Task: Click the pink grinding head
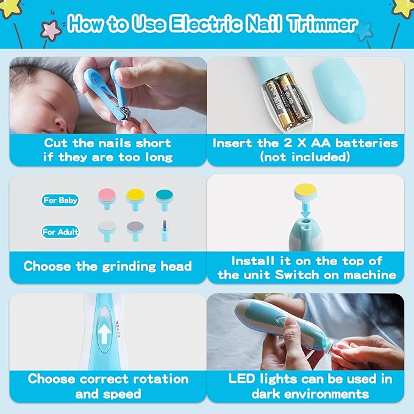pos(107,196)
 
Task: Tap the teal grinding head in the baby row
pos(163,196)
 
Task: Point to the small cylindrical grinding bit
pos(163,230)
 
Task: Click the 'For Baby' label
pos(60,200)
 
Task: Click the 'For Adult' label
pos(60,232)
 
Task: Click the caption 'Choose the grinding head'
pos(107,266)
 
